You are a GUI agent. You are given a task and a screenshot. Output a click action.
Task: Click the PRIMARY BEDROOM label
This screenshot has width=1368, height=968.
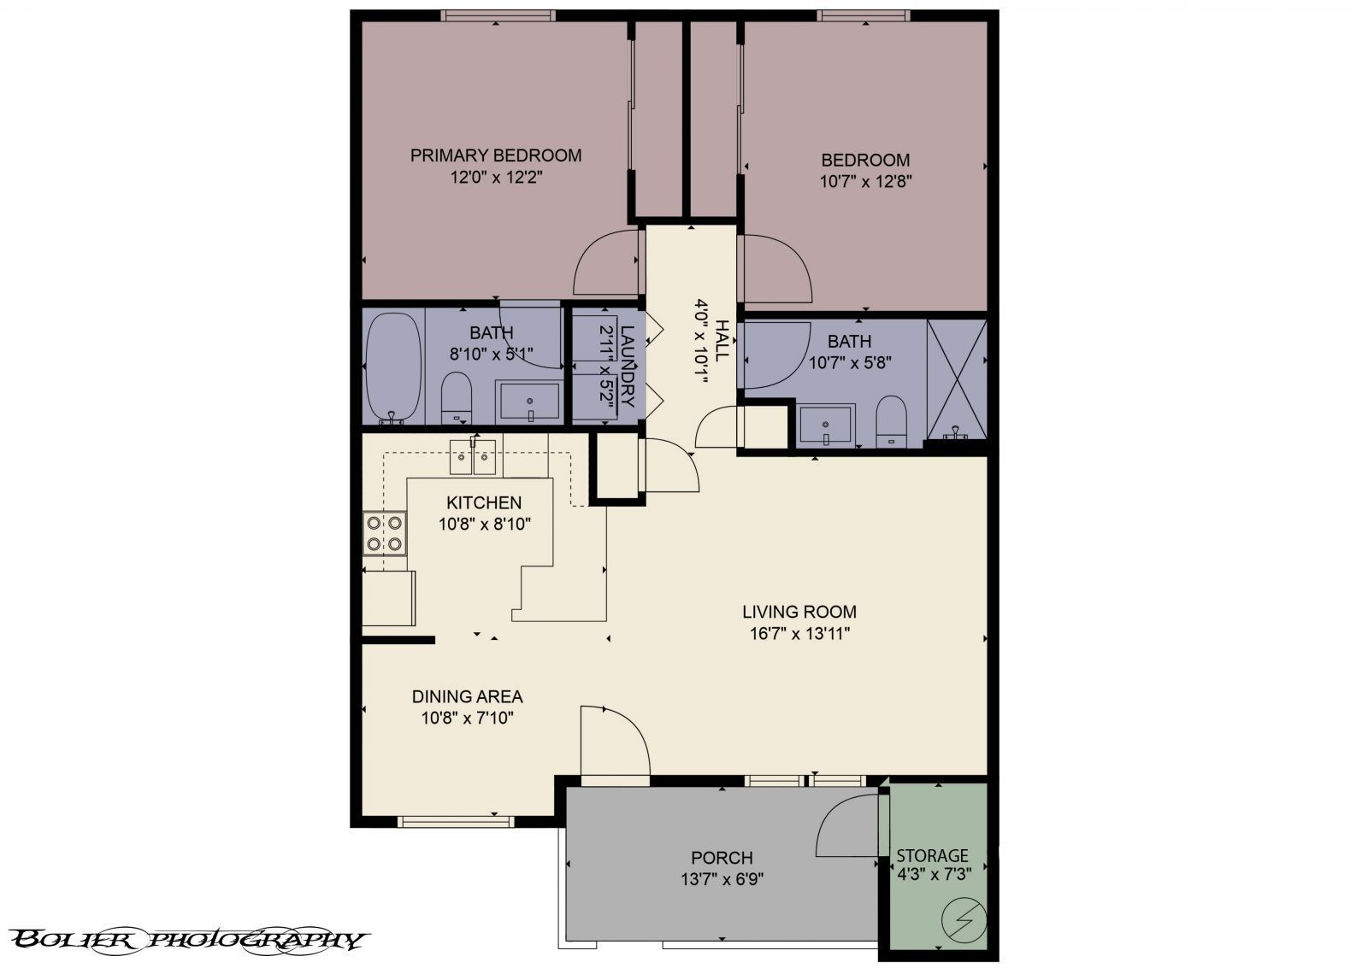click(496, 155)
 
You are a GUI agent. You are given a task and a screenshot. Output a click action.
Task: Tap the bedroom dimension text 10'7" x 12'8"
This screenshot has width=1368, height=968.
click(865, 181)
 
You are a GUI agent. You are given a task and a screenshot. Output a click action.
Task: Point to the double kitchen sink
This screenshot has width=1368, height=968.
click(473, 457)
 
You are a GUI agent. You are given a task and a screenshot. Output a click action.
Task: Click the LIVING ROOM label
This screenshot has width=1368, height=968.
click(799, 612)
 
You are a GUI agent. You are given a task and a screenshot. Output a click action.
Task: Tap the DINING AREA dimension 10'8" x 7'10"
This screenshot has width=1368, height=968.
click(467, 719)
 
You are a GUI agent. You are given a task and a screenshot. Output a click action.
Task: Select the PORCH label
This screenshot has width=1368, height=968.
click(722, 858)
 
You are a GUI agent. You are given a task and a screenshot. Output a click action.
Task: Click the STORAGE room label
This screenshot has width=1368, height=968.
click(932, 855)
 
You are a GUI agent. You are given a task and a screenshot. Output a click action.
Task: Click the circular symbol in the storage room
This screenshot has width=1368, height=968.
click(964, 920)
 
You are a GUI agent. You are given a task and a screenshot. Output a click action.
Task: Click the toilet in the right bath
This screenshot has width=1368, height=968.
click(891, 420)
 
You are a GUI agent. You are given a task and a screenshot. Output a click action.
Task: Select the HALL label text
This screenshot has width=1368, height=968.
click(722, 340)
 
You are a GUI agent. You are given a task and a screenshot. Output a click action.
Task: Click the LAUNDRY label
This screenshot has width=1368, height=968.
click(628, 365)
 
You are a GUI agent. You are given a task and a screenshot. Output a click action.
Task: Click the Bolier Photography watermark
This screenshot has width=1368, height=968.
click(190, 940)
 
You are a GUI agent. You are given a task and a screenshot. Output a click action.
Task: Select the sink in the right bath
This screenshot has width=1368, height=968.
click(825, 425)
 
